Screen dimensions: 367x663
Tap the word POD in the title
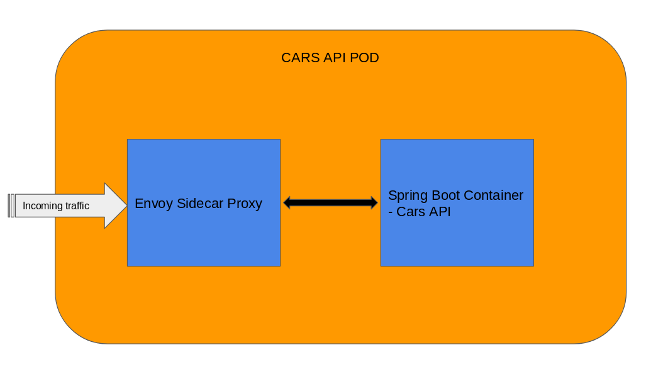[x=365, y=58]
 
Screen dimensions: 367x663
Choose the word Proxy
[x=245, y=204]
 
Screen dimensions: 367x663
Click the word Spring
[x=409, y=196]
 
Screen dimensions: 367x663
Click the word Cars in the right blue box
[x=411, y=212]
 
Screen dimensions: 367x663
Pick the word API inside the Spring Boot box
[x=440, y=212]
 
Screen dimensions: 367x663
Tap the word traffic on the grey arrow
[x=77, y=206]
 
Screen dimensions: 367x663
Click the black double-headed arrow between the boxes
[x=330, y=202]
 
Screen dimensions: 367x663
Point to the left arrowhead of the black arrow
[x=288, y=202]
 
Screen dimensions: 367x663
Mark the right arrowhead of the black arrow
[x=372, y=202]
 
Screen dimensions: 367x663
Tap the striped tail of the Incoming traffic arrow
[x=11, y=205]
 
